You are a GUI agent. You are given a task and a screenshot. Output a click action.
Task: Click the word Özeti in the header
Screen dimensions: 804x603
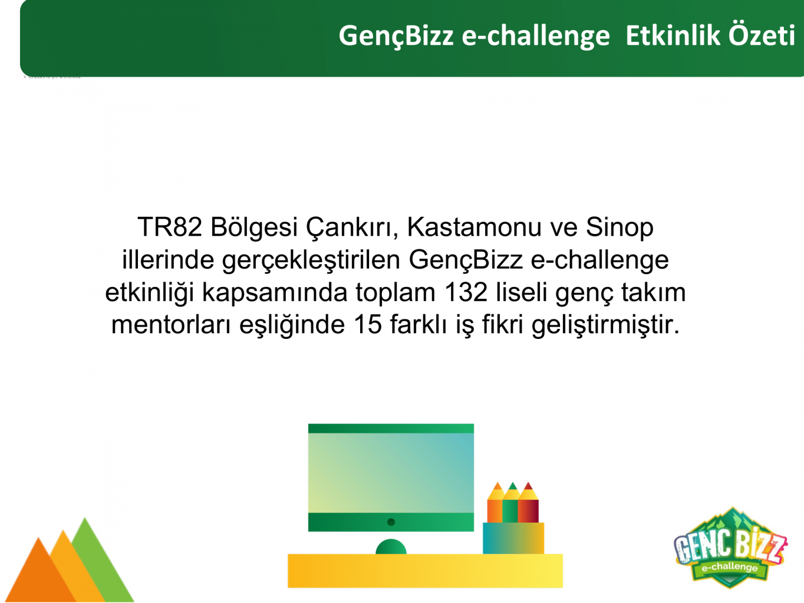click(x=762, y=36)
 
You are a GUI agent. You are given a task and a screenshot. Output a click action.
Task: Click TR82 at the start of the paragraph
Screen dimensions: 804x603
click(x=170, y=227)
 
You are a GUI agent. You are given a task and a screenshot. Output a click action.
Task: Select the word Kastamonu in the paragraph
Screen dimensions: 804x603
click(x=474, y=227)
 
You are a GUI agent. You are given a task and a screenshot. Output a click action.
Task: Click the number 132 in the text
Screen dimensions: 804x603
click(x=466, y=293)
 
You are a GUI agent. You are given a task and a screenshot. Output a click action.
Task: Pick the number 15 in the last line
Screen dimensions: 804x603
click(x=368, y=325)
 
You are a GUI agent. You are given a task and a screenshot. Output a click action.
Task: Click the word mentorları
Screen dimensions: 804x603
click(x=171, y=325)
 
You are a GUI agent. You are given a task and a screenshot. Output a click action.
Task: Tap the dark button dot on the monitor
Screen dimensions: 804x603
click(x=391, y=522)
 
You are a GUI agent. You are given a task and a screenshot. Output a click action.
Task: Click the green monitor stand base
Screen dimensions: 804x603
click(x=391, y=547)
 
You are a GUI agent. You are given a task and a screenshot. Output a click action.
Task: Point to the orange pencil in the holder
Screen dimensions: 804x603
click(x=495, y=504)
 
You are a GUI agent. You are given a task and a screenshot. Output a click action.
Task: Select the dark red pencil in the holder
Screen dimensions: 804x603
click(x=529, y=504)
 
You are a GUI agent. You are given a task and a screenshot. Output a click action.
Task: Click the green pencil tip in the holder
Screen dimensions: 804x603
click(x=513, y=486)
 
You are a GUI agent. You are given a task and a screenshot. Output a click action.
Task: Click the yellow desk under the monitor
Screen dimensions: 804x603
click(x=425, y=571)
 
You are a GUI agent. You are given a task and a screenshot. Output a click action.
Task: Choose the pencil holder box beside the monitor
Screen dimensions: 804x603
click(x=513, y=538)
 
